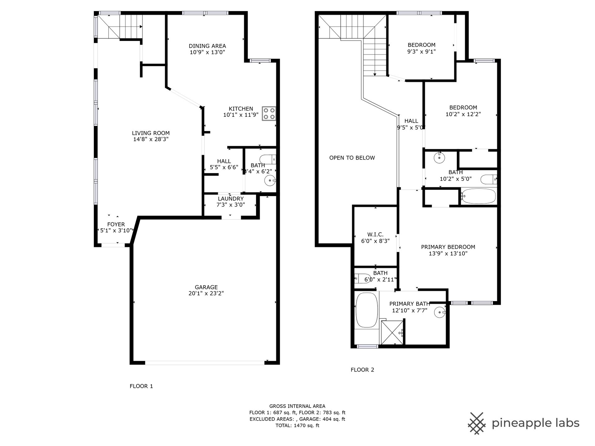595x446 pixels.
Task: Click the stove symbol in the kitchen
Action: [x=269, y=113]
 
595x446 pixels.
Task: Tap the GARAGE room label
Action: [x=206, y=287]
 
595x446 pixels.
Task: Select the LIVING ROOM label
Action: [x=151, y=133]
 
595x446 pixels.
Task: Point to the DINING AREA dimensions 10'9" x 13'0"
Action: [x=207, y=52]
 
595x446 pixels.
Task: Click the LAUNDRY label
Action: [x=231, y=199]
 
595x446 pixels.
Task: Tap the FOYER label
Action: [x=116, y=224]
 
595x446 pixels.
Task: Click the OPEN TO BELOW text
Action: [x=352, y=158]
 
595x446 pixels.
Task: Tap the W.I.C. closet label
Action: [x=375, y=234]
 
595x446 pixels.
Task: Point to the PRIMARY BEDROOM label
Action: [x=448, y=247]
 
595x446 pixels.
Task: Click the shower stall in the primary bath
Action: [x=392, y=332]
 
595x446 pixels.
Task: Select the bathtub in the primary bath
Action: [x=367, y=310]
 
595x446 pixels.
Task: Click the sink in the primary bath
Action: [x=440, y=312]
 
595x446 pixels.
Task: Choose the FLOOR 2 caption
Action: [x=362, y=369]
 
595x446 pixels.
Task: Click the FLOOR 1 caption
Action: [x=141, y=386]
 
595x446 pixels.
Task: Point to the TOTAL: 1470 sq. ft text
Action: [x=297, y=426]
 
